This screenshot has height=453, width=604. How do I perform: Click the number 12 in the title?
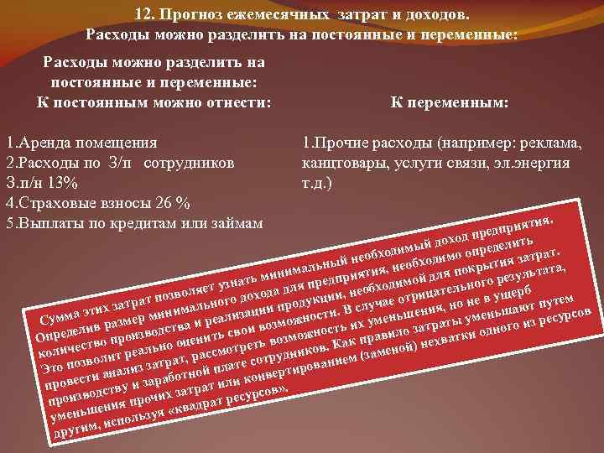(x=143, y=15)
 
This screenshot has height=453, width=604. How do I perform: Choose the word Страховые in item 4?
(x=56, y=203)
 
